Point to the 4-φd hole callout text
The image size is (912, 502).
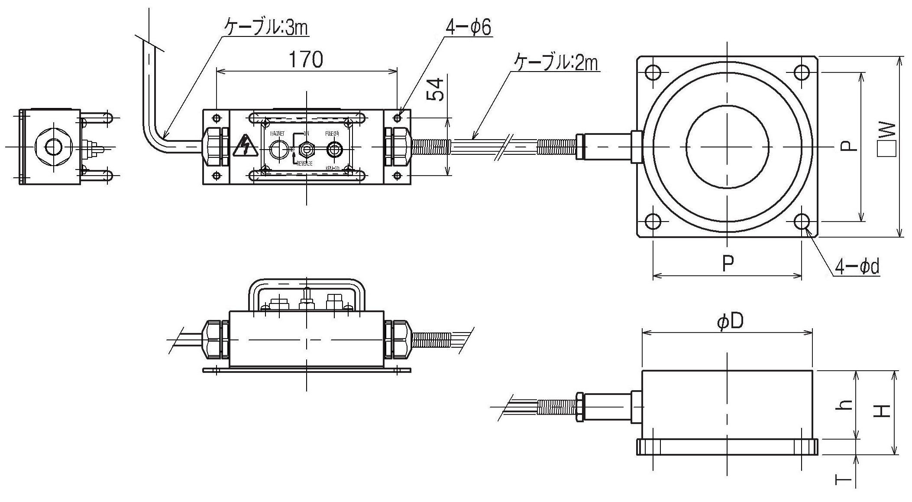pyautogui.click(x=857, y=267)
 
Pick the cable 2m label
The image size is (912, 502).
pyautogui.click(x=556, y=63)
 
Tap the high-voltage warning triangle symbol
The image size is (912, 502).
pyautogui.click(x=246, y=146)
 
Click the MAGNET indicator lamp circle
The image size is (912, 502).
pyautogui.click(x=278, y=150)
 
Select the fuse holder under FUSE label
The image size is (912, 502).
pyautogui.click(x=334, y=150)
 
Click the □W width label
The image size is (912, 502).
pyautogui.click(x=885, y=139)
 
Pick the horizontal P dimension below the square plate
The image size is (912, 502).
pyautogui.click(x=728, y=263)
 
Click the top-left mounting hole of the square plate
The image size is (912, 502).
pyautogui.click(x=653, y=72)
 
